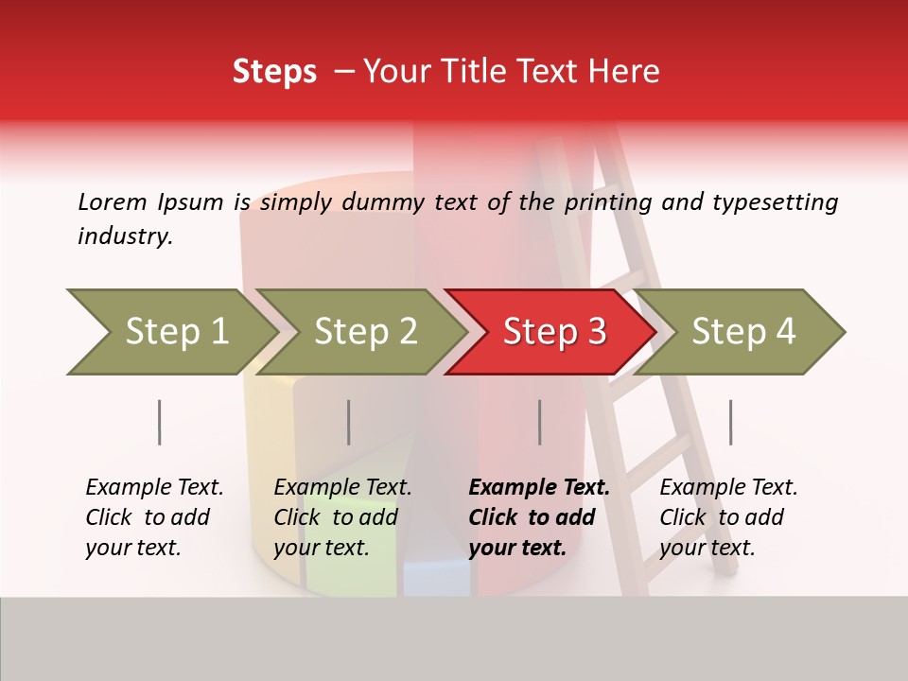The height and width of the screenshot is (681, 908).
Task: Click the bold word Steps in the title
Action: [x=274, y=72]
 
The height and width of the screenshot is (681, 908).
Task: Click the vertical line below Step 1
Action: [x=159, y=422]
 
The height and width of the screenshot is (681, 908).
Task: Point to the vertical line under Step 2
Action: [x=349, y=422]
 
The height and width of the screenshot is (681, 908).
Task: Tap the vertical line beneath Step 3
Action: [x=539, y=422]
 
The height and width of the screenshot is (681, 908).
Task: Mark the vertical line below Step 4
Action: [x=730, y=422]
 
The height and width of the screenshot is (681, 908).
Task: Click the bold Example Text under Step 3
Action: [x=539, y=488]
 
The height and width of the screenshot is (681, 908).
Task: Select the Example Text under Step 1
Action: [x=154, y=488]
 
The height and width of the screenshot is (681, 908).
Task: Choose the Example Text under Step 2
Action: [x=342, y=488]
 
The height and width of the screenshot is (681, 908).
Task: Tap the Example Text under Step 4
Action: [x=728, y=488]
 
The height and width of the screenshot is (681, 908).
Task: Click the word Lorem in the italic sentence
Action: [x=113, y=201]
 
